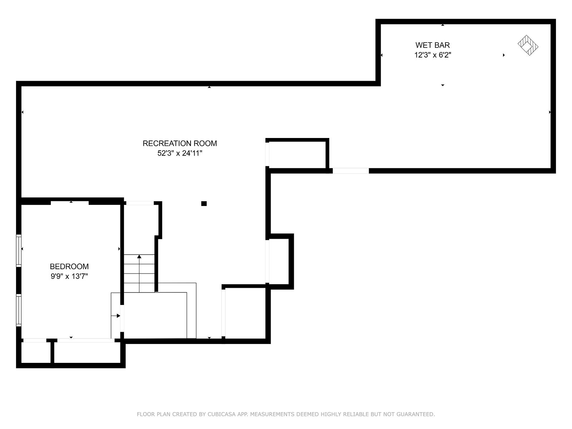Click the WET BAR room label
coord(432,45)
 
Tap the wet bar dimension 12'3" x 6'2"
coord(433,55)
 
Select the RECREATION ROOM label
coord(179,143)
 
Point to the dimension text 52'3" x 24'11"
coord(179,153)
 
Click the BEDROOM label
coord(69,266)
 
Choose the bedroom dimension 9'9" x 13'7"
coord(69,276)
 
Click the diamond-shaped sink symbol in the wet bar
coord(528,45)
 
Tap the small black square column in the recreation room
coord(204,203)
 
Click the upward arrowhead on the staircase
coord(139,257)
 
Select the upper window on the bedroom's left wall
coord(19,251)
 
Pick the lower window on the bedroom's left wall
coord(19,310)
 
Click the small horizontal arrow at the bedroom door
coord(116,316)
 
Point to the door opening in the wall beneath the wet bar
coord(351,171)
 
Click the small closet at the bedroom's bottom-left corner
coord(36,352)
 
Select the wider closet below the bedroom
coord(87,352)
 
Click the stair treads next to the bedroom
coord(139,273)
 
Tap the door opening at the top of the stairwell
coord(140,203)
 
